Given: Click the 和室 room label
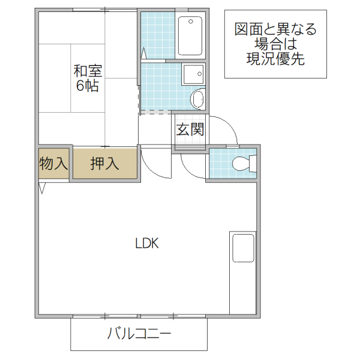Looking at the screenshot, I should [88, 70].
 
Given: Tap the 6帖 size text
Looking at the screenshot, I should [88, 85].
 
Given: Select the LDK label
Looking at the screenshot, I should [146, 244].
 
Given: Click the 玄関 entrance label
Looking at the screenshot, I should [190, 129].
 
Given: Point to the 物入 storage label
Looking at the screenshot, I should [53, 163].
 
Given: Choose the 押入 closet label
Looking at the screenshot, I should [104, 163].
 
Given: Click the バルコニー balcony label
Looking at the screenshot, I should [139, 334].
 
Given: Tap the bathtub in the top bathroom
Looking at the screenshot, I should [191, 35].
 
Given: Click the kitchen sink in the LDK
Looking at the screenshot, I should [243, 247].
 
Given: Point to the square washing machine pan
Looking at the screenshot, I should [193, 73].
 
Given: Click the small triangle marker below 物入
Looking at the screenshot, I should [41, 188].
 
